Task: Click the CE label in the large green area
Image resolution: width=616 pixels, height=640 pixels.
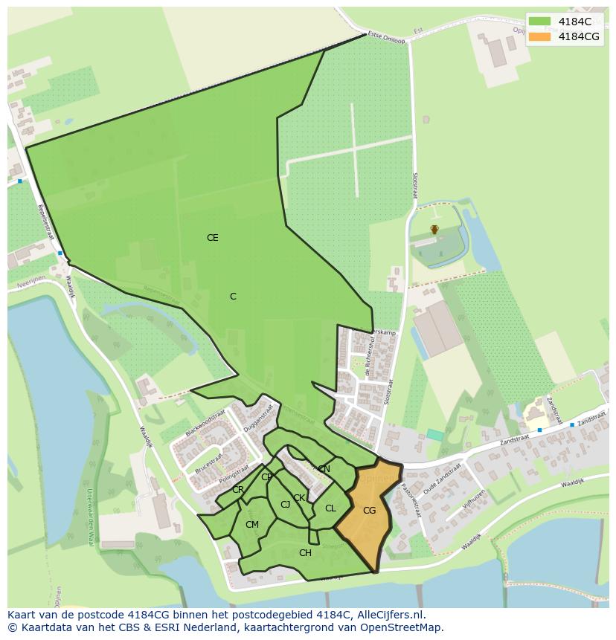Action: pyautogui.click(x=213, y=238)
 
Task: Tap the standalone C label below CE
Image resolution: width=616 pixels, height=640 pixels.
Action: pyautogui.click(x=233, y=297)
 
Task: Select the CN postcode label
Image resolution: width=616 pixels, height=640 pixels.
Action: pyautogui.click(x=324, y=469)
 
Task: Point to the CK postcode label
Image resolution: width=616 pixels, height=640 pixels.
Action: pyautogui.click(x=299, y=498)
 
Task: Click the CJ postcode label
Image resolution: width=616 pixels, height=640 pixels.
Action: pyautogui.click(x=285, y=505)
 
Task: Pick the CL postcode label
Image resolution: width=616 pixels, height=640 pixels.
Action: pyautogui.click(x=330, y=508)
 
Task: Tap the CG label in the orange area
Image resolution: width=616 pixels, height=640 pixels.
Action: pyautogui.click(x=369, y=511)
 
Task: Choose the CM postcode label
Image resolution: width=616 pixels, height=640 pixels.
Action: pyautogui.click(x=252, y=525)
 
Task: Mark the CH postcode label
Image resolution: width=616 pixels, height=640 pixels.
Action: pyautogui.click(x=305, y=553)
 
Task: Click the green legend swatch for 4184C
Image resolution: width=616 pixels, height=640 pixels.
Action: pyautogui.click(x=539, y=22)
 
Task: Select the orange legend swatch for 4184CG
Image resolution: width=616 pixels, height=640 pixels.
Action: pyautogui.click(x=539, y=36)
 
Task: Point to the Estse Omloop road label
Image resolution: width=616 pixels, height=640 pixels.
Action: pyautogui.click(x=386, y=38)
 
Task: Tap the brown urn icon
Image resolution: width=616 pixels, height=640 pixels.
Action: pyautogui.click(x=434, y=230)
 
